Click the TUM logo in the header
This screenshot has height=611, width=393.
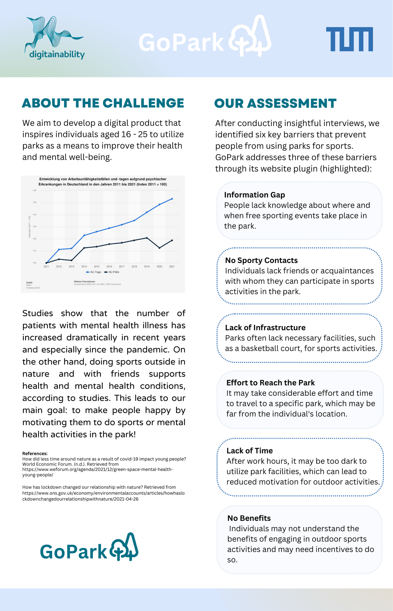pos(349,39)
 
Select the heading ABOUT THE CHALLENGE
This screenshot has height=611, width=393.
pos(103,103)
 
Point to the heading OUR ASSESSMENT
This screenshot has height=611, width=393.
pos(275,103)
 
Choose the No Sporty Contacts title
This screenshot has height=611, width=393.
pos(261,260)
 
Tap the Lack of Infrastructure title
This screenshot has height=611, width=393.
pos(265,328)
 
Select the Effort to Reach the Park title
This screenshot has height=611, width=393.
pos(270,383)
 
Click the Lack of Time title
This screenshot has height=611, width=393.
pos(250,451)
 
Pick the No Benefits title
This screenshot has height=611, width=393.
pos(249,518)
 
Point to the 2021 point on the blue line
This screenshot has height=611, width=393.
pos(172,199)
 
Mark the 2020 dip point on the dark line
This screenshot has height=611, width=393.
pos(159,248)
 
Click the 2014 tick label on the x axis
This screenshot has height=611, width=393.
pos(84,267)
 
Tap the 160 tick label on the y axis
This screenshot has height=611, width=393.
pos(34,190)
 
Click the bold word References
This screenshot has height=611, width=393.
pos(35,453)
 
